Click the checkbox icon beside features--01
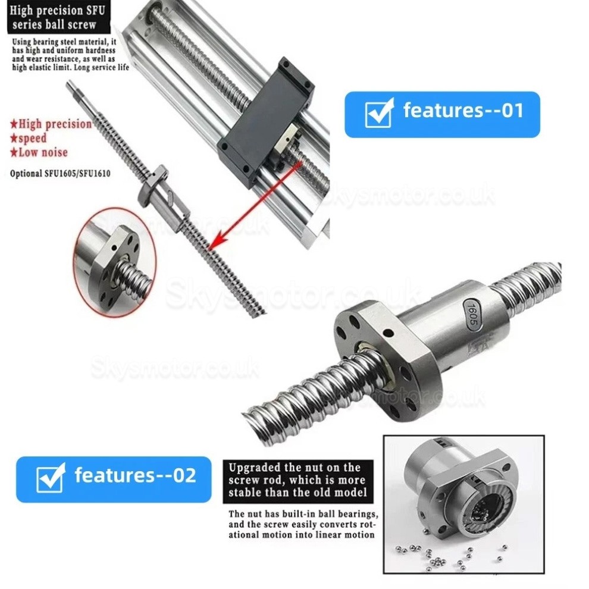(379, 112)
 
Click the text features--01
(463, 111)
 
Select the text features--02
(134, 475)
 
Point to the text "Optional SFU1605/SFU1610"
(61, 174)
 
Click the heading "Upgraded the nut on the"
(294, 468)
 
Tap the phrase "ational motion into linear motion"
(302, 535)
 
